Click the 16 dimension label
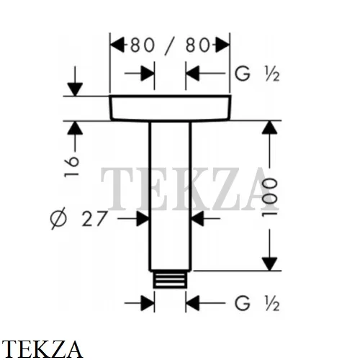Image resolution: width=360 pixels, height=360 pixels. (71, 166)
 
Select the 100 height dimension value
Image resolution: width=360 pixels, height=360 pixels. (270, 197)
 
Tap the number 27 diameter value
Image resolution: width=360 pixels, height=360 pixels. (94, 219)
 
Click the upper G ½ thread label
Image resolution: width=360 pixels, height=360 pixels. (257, 74)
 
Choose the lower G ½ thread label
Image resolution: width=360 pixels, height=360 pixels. (257, 303)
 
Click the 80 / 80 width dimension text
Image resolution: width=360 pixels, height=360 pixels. (170, 45)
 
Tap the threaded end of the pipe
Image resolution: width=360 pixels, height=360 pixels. (170, 279)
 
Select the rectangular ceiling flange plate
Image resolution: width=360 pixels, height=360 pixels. (170, 108)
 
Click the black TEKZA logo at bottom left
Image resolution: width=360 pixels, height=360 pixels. (42, 349)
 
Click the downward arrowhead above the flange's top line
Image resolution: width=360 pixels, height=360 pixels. (75, 89)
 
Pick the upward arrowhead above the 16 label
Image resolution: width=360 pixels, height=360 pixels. (75, 127)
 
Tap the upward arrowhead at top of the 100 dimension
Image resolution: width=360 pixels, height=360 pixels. (269, 127)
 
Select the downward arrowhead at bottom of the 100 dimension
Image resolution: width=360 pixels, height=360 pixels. (269, 264)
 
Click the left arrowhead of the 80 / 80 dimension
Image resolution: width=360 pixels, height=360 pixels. (117, 45)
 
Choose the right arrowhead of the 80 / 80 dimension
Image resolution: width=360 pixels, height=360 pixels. (222, 45)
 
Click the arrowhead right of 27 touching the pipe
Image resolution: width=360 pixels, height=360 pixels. (143, 219)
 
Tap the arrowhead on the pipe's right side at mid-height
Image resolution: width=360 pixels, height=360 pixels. (198, 219)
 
